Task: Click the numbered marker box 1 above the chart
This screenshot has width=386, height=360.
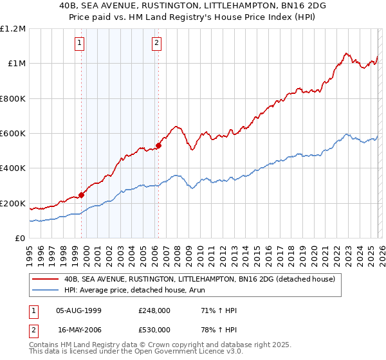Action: point(80,43)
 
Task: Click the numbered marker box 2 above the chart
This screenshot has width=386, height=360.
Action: point(156,43)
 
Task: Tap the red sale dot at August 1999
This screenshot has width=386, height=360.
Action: point(82,195)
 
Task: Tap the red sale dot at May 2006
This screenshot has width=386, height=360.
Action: point(158,145)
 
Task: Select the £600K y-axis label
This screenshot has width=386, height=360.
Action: point(13,134)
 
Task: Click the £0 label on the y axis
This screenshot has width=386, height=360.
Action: point(21,239)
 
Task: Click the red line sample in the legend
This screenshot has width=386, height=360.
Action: point(46,280)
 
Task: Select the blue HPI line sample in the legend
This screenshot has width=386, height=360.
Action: point(46,290)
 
